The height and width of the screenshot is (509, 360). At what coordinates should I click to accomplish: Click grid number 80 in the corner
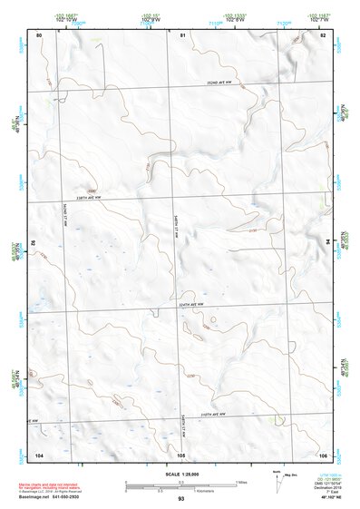[x=39, y=34]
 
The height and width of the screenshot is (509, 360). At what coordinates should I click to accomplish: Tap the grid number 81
[x=182, y=34]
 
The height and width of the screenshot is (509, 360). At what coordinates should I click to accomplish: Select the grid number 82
[x=323, y=34]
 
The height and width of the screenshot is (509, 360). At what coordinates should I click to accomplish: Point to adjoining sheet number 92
[x=37, y=243]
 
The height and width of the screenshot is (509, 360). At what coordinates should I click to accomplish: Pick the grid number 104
[x=39, y=454]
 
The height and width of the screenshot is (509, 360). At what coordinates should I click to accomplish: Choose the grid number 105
[x=181, y=454]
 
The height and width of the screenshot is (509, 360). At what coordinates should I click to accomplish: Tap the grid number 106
[x=323, y=454]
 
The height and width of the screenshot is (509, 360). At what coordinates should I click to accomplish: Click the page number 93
[x=181, y=499]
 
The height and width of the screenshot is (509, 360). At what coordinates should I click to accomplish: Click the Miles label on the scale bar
[x=241, y=481]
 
